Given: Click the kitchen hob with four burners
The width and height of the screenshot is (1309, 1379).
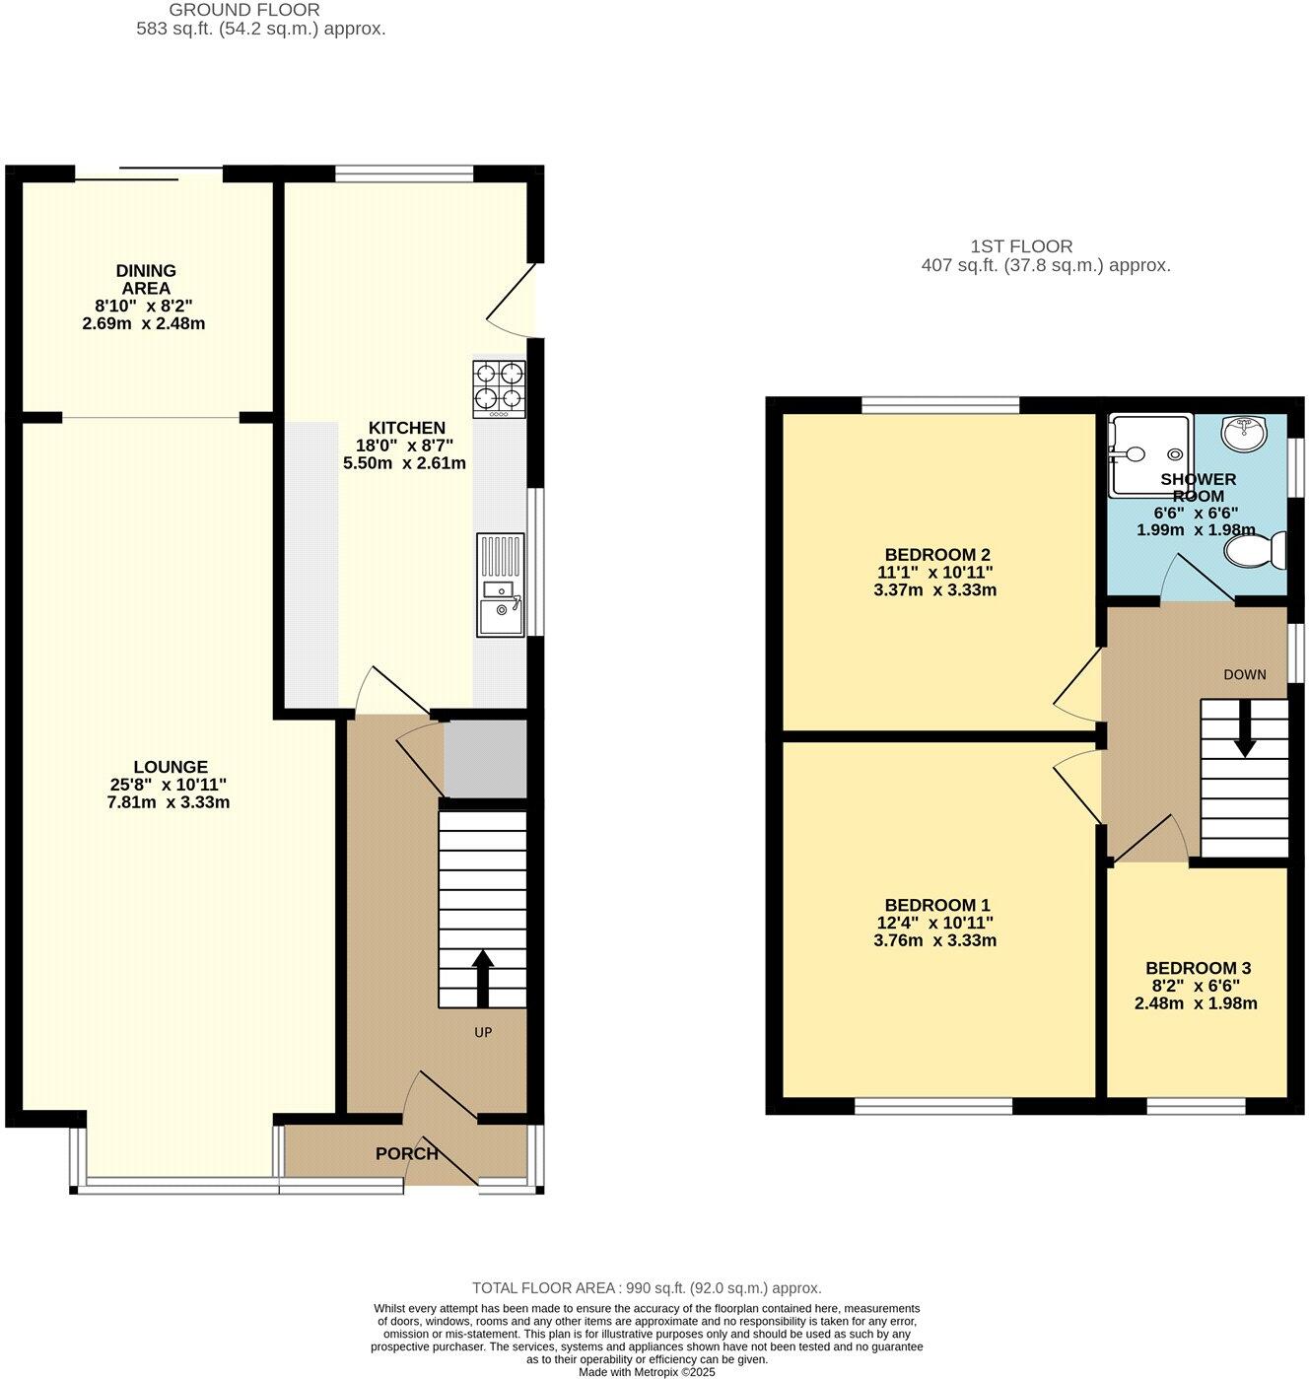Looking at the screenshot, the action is (x=499, y=389).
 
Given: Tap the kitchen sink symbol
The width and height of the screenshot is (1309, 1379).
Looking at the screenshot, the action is (x=500, y=585).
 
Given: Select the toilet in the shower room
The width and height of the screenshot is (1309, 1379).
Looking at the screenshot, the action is (x=1255, y=551).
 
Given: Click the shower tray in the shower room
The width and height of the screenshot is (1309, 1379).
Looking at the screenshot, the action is (x=1149, y=455).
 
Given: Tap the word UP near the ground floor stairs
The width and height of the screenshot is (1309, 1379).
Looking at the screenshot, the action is (x=483, y=1032).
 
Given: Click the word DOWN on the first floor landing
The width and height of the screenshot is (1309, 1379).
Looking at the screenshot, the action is (x=1245, y=675).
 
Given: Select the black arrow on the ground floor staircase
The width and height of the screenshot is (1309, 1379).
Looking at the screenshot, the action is (x=483, y=979).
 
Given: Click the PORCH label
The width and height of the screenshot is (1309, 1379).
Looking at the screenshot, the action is (x=407, y=1154).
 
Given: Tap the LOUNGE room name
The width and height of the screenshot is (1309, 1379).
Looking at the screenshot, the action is (x=172, y=767).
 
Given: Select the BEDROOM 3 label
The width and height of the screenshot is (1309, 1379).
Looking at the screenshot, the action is (x=1199, y=968).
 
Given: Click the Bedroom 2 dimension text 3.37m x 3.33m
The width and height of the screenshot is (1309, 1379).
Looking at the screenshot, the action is (x=935, y=589).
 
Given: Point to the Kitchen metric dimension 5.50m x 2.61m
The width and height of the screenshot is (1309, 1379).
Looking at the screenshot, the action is (x=405, y=463).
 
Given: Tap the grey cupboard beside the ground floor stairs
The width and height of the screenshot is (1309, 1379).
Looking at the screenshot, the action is (x=485, y=759).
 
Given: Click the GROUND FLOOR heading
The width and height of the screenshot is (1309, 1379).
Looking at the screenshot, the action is (x=244, y=11).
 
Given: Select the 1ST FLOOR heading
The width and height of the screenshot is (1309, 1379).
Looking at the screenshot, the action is (x=1021, y=246).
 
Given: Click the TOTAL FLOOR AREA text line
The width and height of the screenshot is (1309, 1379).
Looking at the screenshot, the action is (x=647, y=1287).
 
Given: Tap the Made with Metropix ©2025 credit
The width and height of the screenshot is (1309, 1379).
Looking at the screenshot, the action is (x=647, y=1372).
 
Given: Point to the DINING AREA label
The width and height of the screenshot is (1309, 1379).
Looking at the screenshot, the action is (x=146, y=279).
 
